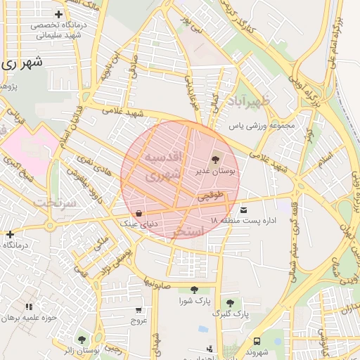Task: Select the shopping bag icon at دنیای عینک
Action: tap(139, 213)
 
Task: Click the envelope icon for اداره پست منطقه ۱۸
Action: tap(244, 210)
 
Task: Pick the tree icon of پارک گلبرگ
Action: tap(229, 302)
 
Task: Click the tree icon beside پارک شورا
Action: tap(194, 290)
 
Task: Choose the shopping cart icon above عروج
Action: tap(139, 309)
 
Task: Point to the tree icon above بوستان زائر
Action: tap(82, 340)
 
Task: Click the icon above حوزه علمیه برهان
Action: tap(29, 307)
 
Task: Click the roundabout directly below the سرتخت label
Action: tap(50, 226)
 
